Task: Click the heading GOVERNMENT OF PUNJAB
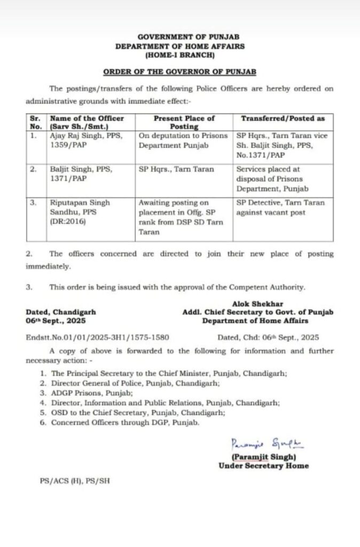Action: (x=180, y=37)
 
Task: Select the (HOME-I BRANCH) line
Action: (x=180, y=54)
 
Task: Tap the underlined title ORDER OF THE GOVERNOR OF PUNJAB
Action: (x=180, y=71)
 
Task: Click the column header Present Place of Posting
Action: (x=184, y=122)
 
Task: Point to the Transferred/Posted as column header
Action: (x=283, y=119)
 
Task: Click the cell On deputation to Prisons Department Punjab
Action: (x=183, y=140)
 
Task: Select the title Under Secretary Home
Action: (x=263, y=466)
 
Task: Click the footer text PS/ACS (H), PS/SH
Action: (x=74, y=481)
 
